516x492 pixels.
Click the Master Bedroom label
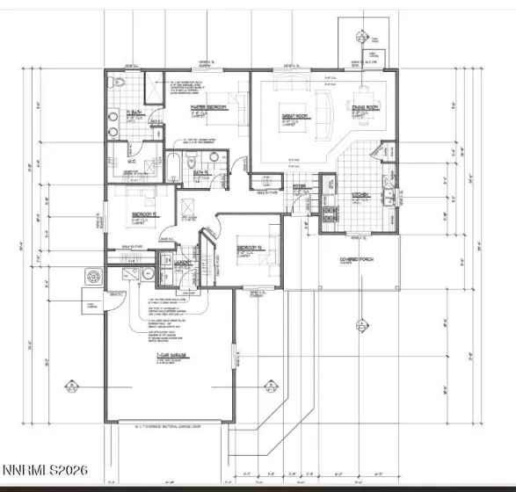tap(209, 106)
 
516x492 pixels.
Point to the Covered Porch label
tap(354, 259)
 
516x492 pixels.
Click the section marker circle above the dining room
tap(360, 36)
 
